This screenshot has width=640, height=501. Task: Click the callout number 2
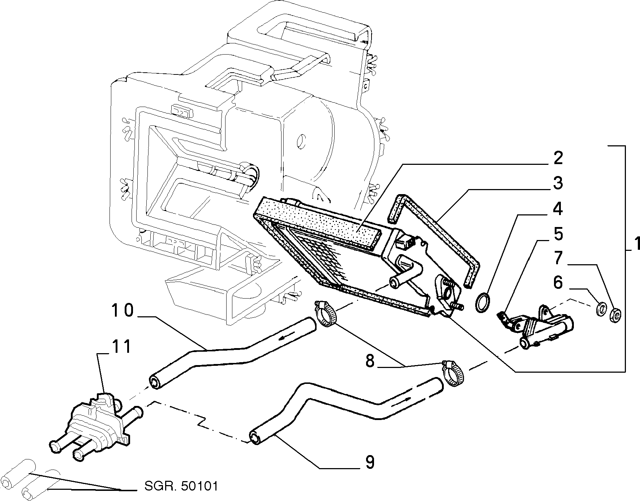[x=558, y=158]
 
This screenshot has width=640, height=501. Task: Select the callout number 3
[x=558, y=183]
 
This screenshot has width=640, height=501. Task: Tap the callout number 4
[x=558, y=209]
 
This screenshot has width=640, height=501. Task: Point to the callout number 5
[x=558, y=234]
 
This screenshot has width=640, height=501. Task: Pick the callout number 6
[x=558, y=282]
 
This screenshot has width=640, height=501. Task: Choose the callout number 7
[x=558, y=258]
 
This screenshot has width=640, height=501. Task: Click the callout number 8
[x=370, y=361]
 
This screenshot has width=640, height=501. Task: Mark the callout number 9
[x=370, y=462]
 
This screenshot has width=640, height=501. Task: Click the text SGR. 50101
[x=181, y=486]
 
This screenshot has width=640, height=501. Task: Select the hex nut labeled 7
[x=615, y=315]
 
